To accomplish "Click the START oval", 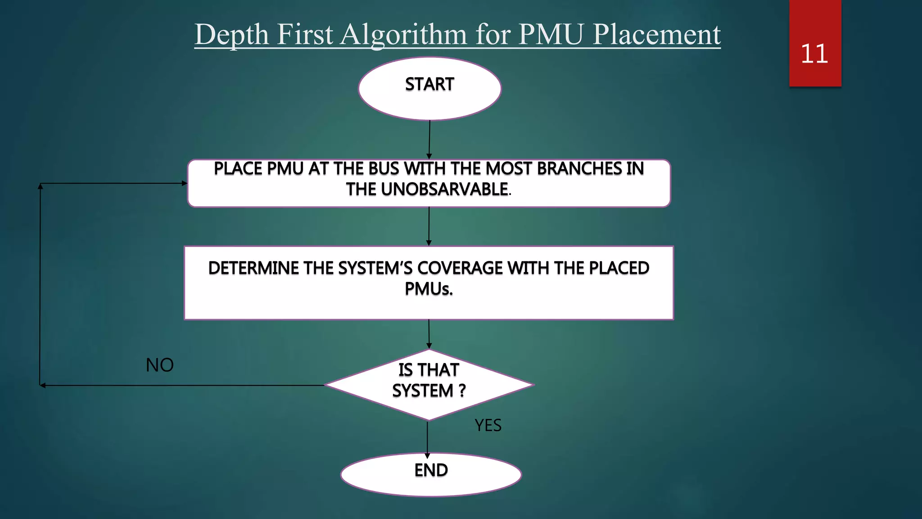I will [429, 88].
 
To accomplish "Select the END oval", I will [431, 474].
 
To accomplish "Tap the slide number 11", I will [814, 54].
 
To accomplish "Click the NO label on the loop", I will [160, 365].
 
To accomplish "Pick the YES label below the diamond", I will [488, 425].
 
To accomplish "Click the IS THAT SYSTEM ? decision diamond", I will [429, 385].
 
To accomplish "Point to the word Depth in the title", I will [231, 34].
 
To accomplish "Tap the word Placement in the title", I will [657, 34].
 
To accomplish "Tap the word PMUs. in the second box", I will [429, 289].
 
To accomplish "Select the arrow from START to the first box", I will [429, 140].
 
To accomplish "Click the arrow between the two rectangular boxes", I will [429, 226].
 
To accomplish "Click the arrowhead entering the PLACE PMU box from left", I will [184, 183].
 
